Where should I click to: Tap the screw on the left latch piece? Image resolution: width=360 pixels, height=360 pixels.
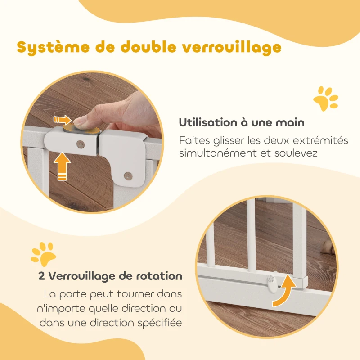click(x=81, y=144)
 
